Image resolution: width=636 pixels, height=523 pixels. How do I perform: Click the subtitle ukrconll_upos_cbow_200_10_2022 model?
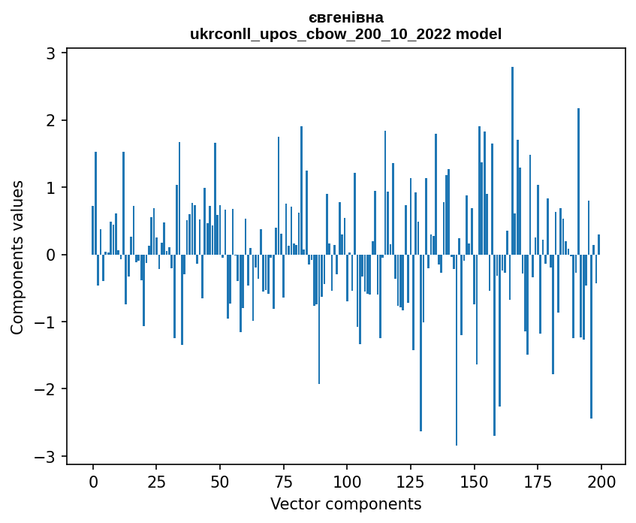point(345,34)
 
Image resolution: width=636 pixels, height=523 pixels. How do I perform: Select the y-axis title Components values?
point(17,257)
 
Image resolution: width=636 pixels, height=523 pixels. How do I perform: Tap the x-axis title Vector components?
point(345,503)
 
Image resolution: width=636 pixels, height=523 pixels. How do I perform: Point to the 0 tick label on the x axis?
point(93,482)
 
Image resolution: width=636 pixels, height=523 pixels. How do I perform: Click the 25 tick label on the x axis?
point(156,482)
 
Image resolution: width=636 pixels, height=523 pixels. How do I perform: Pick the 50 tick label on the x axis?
point(220,482)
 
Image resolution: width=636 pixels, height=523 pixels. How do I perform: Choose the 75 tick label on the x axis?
point(283,482)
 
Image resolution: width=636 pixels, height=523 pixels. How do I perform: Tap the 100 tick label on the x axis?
point(347,482)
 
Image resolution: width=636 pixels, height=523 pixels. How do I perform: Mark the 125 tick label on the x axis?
point(410,482)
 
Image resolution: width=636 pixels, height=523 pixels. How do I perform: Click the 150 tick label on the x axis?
point(474,482)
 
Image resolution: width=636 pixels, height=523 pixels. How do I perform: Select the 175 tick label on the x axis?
point(538,482)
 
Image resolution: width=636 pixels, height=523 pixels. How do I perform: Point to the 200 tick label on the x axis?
point(601,482)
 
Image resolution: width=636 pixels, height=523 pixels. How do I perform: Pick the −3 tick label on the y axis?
point(48,456)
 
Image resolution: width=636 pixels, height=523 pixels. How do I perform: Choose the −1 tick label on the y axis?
point(48,322)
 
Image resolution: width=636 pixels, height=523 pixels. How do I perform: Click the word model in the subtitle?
point(481,34)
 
